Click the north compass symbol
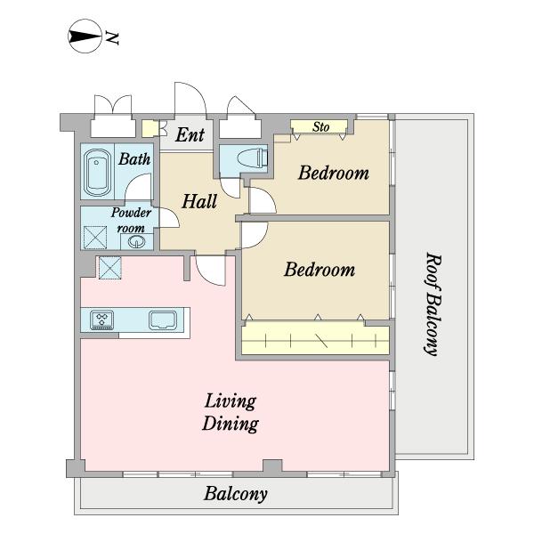click(x=85, y=36)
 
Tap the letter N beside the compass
click(x=112, y=37)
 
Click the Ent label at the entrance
click(x=190, y=135)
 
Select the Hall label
click(x=199, y=201)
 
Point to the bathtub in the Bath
click(x=97, y=174)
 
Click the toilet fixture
click(x=253, y=158)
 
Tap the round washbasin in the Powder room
click(x=136, y=242)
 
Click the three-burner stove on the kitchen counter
click(x=101, y=320)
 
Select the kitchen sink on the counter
click(x=163, y=320)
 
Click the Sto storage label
click(x=320, y=127)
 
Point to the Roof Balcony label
click(x=432, y=304)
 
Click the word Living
click(x=231, y=401)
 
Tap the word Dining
click(x=231, y=425)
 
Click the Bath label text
click(x=134, y=159)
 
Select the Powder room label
click(x=131, y=220)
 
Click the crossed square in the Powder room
click(x=95, y=238)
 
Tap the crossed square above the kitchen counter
click(x=110, y=268)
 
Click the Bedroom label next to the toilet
click(x=334, y=173)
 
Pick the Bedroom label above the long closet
click(x=320, y=270)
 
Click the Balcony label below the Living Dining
click(x=235, y=493)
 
